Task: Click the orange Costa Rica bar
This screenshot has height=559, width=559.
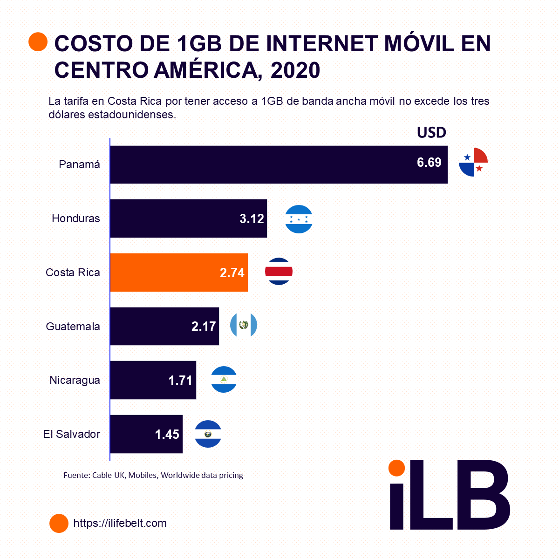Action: click(x=179, y=273)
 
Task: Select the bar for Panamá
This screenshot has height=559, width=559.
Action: click(x=279, y=164)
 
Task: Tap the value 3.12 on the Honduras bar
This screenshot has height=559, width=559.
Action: click(x=252, y=218)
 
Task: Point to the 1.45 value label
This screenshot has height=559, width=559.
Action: click(x=167, y=434)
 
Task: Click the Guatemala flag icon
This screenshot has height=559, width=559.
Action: click(x=244, y=325)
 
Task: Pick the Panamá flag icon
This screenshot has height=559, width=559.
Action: click(x=473, y=162)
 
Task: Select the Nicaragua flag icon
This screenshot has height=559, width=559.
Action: click(x=224, y=379)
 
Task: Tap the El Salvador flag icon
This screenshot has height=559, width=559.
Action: click(x=208, y=434)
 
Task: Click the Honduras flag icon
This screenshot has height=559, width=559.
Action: click(x=299, y=219)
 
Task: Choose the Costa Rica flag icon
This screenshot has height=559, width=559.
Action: click(x=279, y=272)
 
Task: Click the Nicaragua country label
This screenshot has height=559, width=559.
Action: click(x=75, y=380)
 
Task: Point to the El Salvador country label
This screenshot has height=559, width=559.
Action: click(x=72, y=434)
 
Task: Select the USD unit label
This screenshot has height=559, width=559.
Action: click(x=431, y=133)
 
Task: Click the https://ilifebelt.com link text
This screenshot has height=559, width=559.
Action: click(x=120, y=523)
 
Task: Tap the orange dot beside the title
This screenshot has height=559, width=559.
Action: click(x=38, y=42)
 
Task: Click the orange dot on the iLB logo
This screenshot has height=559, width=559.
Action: click(x=396, y=468)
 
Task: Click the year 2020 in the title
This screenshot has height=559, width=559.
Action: click(x=295, y=70)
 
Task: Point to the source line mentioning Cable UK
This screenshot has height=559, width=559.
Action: click(x=153, y=475)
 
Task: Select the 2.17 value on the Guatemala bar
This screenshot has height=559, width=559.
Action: click(x=204, y=326)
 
